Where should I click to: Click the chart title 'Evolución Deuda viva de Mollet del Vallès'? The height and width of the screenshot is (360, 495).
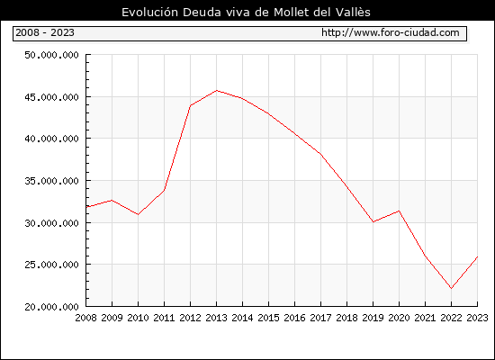click(246, 13)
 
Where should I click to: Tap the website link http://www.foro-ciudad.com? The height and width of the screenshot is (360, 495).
click(391, 32)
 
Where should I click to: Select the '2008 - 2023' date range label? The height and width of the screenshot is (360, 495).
click(45, 32)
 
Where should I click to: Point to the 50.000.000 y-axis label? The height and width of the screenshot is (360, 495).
click(51, 55)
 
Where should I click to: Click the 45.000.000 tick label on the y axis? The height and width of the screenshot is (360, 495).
click(51, 97)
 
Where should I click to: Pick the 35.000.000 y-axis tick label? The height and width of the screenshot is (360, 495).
click(51, 181)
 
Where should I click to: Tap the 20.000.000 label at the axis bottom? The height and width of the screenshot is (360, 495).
click(51, 307)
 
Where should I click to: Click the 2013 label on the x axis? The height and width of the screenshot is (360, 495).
click(216, 318)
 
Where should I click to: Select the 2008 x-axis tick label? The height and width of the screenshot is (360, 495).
click(85, 318)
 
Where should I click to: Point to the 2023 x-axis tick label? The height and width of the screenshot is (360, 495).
click(477, 318)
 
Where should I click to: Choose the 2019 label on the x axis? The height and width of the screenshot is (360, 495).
click(373, 318)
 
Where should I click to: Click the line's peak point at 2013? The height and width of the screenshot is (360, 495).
click(217, 91)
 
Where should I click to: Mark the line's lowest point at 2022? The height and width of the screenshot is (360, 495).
click(452, 288)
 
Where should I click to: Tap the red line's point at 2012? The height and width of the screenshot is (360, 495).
click(191, 105)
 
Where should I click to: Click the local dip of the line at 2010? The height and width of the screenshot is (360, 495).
click(138, 214)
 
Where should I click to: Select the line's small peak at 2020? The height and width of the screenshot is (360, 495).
click(399, 211)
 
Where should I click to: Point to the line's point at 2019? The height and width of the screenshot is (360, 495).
click(373, 221)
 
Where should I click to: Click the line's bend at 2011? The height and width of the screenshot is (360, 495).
click(164, 190)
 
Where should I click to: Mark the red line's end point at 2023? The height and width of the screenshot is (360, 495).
click(477, 256)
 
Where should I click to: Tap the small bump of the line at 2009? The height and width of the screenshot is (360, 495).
click(112, 200)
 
